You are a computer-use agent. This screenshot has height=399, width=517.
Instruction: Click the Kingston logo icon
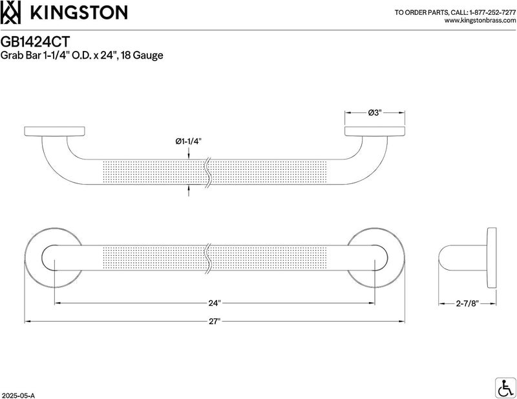click(x=10, y=12)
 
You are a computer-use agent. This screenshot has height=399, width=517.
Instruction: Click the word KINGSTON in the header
click(x=79, y=13)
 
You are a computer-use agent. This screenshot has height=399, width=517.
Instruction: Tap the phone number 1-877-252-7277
click(x=492, y=12)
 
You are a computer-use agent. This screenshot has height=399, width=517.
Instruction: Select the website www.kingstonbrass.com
click(x=480, y=21)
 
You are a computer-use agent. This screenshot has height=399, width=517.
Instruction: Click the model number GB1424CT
click(x=36, y=42)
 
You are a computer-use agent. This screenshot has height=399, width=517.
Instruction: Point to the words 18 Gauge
click(x=142, y=56)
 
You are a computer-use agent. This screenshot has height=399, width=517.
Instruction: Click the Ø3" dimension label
click(x=375, y=113)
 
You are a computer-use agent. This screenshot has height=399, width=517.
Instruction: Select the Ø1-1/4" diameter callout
click(x=188, y=141)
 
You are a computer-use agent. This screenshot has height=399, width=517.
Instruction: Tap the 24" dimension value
click(x=214, y=303)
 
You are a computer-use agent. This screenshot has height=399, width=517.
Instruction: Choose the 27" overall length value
click(x=214, y=322)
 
